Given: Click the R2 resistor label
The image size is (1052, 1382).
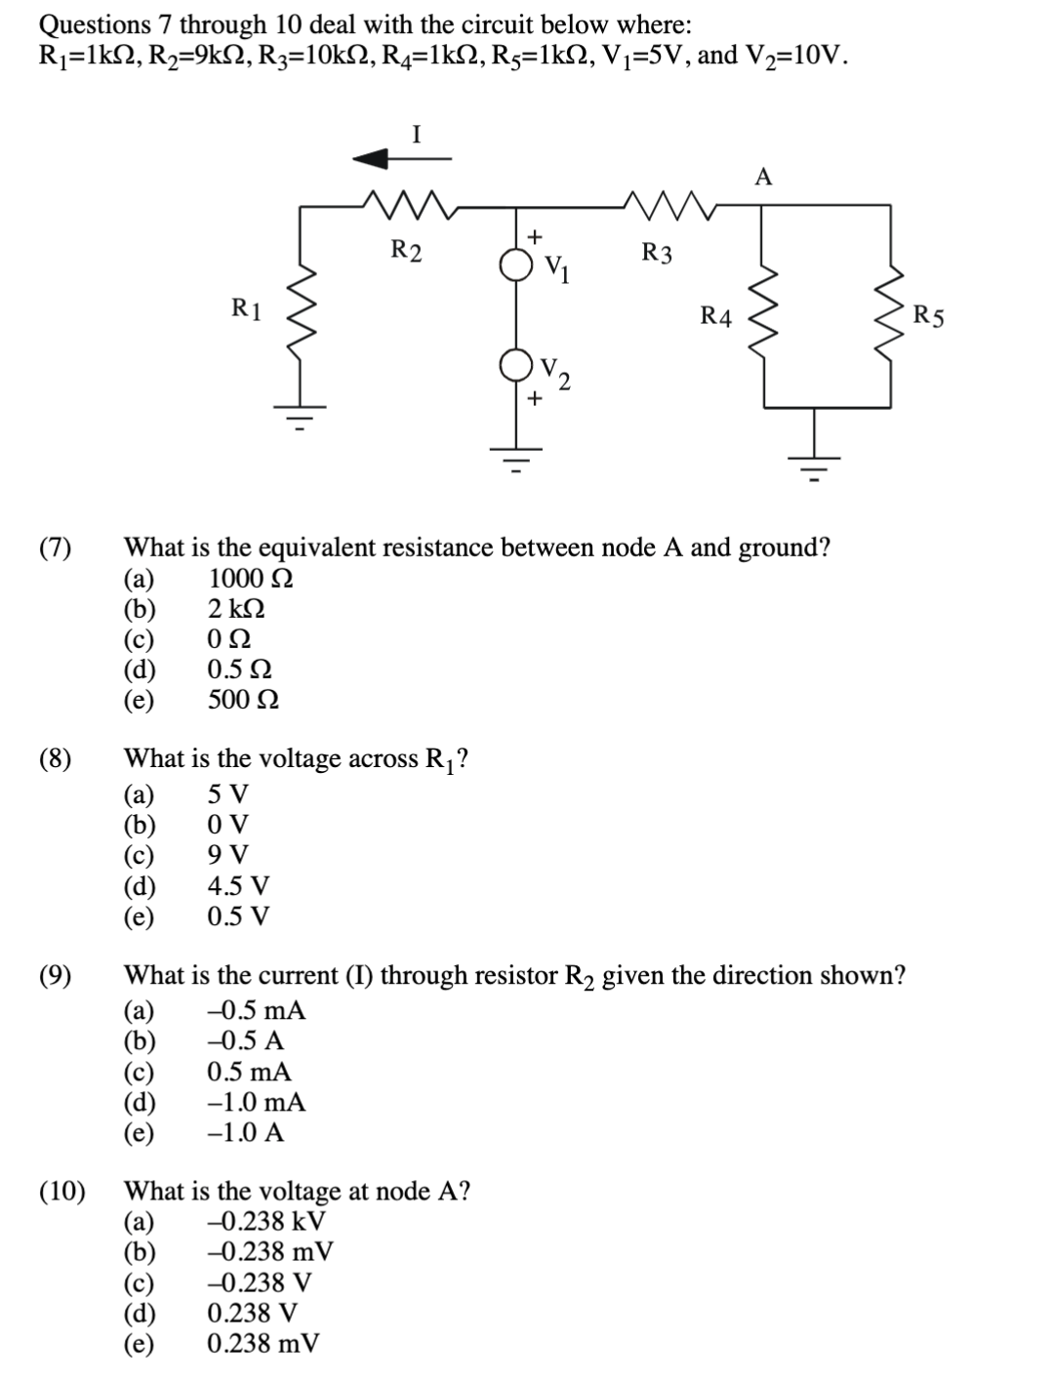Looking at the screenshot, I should [x=407, y=250].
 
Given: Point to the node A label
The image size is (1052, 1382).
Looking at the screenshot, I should [x=763, y=177].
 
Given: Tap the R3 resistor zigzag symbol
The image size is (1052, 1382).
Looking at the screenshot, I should [x=673, y=206].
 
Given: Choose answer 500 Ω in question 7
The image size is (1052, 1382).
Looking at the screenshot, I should [x=243, y=700].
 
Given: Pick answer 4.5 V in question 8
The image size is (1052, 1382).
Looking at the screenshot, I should [x=238, y=886].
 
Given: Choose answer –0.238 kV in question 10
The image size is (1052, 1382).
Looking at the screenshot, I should [x=266, y=1221].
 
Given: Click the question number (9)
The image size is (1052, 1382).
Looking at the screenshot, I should [x=56, y=975].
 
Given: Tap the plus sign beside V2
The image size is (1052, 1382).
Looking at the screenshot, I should [x=533, y=398].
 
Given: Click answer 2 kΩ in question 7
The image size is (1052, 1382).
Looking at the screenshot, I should [x=236, y=609].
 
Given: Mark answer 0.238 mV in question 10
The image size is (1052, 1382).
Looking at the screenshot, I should [x=263, y=1344].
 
